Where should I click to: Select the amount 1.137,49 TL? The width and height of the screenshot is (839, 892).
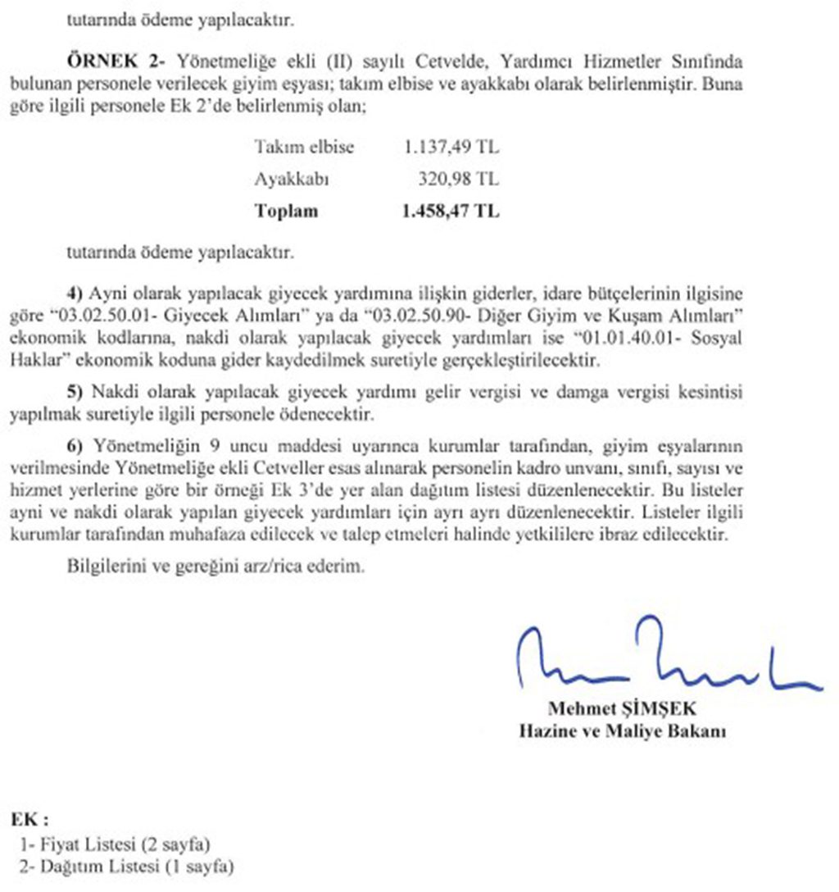(451, 148)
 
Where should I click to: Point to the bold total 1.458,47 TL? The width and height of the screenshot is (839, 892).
(451, 211)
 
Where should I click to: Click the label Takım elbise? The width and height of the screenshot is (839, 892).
(304, 148)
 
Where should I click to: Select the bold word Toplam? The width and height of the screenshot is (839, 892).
(286, 211)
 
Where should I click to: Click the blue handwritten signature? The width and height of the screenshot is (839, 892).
(664, 660)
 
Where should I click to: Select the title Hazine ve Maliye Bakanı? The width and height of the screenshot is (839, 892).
(622, 730)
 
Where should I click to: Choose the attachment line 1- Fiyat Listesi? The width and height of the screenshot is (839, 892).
(116, 843)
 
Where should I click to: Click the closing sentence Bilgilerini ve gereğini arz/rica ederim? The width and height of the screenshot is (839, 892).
(215, 567)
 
